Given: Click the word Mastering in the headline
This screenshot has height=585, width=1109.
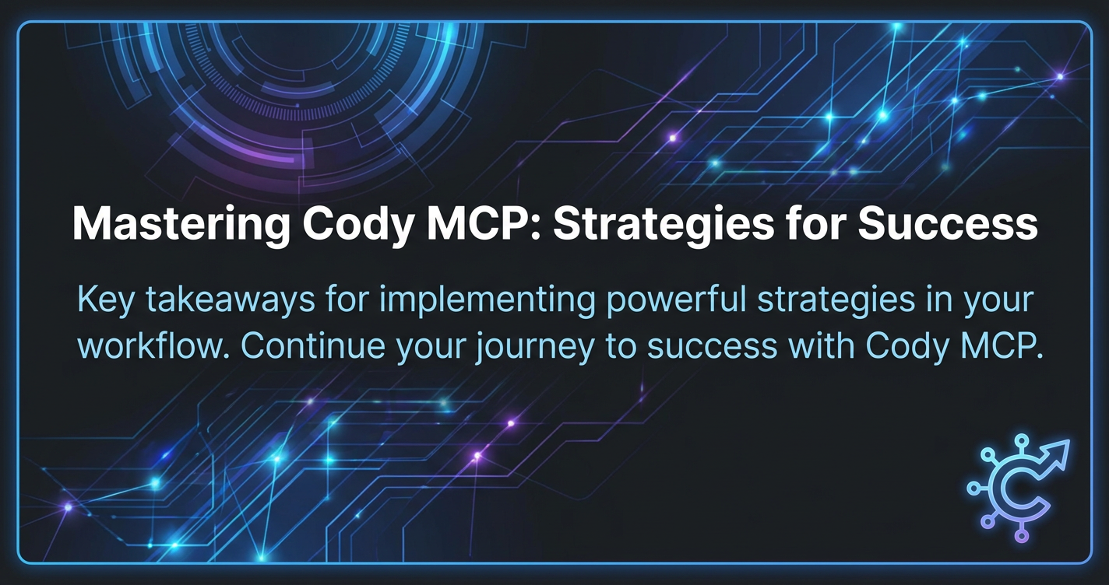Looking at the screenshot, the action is pos(181,225).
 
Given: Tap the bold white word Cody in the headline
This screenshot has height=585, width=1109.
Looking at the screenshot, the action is pos(358,225).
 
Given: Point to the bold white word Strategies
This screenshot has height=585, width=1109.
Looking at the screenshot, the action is pos(664,225).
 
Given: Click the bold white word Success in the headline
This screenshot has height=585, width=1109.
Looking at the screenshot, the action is pos(947,224).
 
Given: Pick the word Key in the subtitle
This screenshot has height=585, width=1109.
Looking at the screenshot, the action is pos(105,300).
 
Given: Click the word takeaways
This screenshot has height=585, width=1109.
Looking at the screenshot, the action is pos(230,300).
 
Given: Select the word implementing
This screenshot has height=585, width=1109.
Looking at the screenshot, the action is pos(487,301).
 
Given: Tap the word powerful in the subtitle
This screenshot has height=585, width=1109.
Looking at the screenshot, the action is pos(676,300).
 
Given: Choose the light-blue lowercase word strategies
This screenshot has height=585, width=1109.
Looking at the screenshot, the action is pos(836,301).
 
